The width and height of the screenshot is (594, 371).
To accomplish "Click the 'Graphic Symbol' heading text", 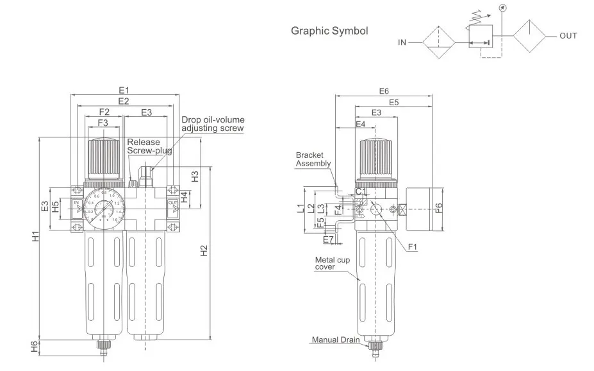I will point(329,30).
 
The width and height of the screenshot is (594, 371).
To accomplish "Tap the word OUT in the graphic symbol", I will point(568,36).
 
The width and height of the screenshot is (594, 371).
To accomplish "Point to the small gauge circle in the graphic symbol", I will point(502,8).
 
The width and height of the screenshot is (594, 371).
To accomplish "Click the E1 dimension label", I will point(124,90).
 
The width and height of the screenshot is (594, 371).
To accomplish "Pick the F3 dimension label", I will point(103,123).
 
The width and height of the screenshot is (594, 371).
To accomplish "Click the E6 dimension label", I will point(384,91).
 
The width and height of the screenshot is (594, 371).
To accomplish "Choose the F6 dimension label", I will point(438,208).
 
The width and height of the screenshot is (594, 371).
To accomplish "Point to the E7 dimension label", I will point(328,239).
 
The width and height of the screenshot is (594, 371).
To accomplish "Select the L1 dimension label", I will point(300,208).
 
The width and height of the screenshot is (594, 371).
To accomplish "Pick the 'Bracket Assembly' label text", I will point(313,159).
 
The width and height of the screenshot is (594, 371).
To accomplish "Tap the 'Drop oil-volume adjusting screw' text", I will point(213,124).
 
